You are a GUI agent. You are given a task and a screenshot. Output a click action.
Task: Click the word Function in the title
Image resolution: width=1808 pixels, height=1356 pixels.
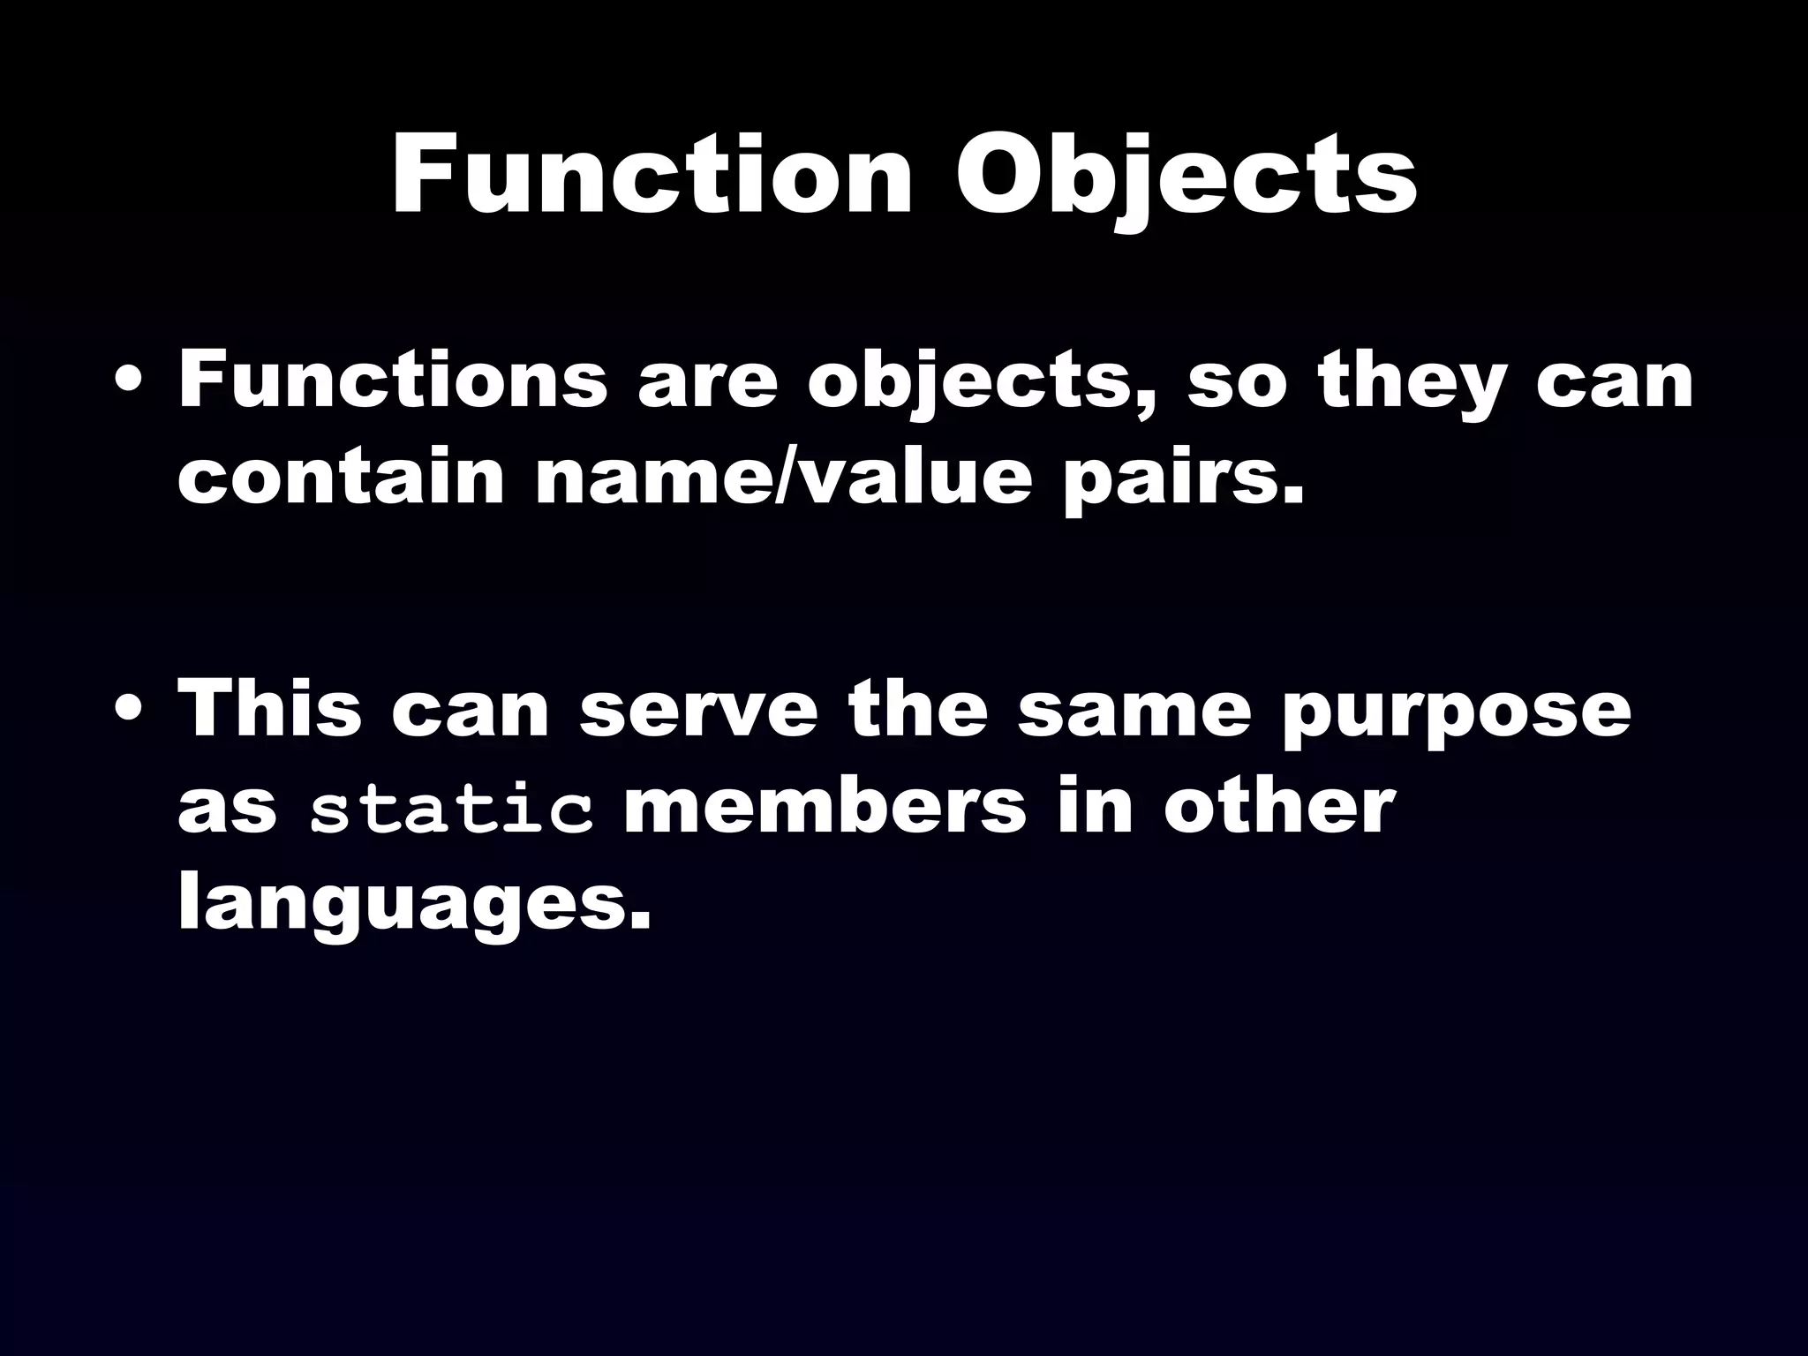652,176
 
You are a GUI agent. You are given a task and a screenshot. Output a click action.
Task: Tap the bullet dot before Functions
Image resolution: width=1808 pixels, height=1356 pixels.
131,383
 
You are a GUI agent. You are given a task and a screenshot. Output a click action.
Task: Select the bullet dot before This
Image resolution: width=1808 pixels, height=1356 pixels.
131,712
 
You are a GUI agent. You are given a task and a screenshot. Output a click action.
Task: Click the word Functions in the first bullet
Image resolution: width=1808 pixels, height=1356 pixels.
393,381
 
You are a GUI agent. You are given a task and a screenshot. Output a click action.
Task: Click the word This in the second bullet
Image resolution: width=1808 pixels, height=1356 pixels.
270,710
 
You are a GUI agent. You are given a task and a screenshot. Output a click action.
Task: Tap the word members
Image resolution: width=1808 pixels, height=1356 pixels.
825,807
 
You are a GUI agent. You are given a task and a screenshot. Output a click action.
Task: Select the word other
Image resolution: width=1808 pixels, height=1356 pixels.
1279,807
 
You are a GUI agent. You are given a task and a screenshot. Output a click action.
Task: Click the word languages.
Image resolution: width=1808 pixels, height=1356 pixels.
415,908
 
